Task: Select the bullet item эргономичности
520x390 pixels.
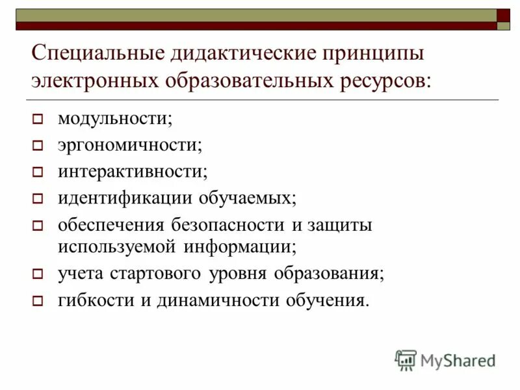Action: click(x=130, y=145)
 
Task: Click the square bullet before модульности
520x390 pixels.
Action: click(x=38, y=120)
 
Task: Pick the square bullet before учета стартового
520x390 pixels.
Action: click(x=38, y=274)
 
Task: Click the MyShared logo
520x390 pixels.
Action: click(x=445, y=359)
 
